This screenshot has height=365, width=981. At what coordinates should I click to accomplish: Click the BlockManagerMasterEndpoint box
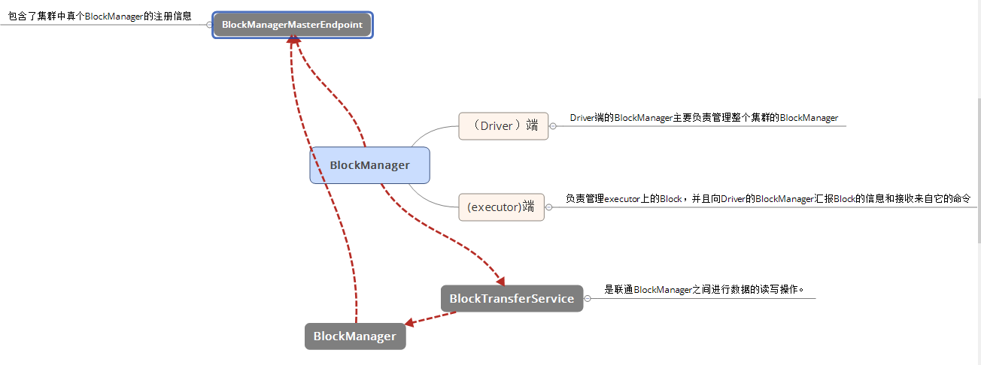[x=292, y=25]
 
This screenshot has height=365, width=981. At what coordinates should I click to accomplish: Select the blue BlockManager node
[x=369, y=165]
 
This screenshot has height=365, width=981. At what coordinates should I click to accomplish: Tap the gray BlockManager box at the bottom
[x=354, y=336]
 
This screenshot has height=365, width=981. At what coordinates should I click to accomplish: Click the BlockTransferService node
[x=512, y=298]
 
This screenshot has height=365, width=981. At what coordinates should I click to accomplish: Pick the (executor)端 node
[x=501, y=207]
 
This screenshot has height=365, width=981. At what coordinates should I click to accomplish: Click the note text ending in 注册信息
[x=99, y=15]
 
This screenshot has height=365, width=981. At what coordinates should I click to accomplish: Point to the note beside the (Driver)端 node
[x=703, y=118]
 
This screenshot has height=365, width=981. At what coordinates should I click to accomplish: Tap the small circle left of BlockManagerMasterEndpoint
[x=209, y=25]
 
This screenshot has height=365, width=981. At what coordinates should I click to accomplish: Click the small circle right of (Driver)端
[x=552, y=126]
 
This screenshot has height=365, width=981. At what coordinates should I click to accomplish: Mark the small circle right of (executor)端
[x=548, y=207]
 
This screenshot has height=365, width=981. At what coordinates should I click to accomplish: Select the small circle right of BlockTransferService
[x=588, y=298]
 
